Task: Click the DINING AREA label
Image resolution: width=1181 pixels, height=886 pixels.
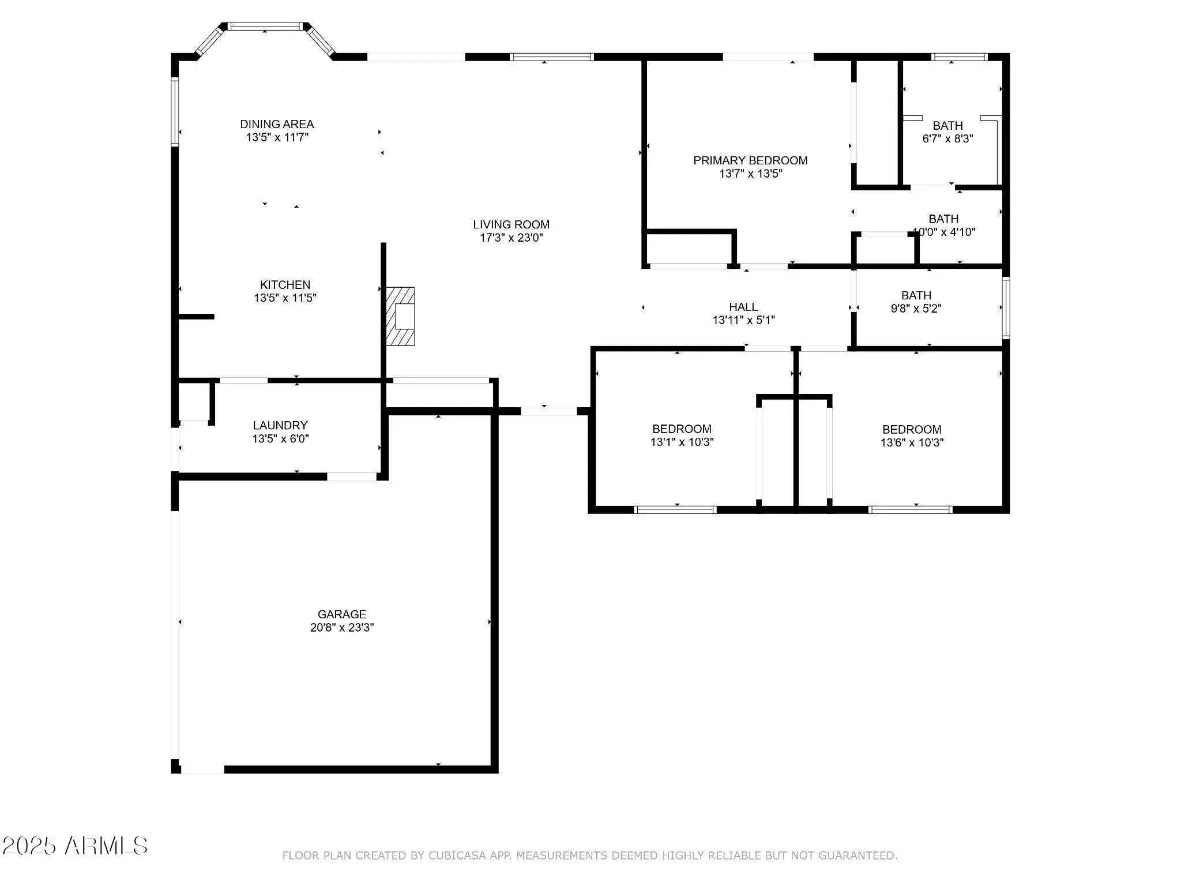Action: click(x=277, y=124)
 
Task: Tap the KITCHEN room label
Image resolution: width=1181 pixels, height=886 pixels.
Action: click(x=285, y=285)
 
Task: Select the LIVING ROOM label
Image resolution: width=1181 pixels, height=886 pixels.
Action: click(x=511, y=224)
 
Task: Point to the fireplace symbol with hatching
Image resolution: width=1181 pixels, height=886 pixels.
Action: click(x=400, y=316)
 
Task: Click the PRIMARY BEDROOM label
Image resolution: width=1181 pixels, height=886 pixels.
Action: click(x=750, y=160)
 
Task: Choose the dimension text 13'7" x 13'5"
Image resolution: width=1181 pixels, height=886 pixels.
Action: click(x=750, y=174)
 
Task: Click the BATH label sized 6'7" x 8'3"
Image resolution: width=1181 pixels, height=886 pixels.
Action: click(x=948, y=125)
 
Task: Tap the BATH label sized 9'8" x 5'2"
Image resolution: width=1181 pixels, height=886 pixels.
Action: click(x=916, y=295)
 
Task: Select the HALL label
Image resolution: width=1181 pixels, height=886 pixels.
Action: click(x=743, y=307)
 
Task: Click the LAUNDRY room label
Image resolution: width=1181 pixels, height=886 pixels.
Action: click(x=280, y=425)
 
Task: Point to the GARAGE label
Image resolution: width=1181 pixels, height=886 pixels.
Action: click(x=342, y=614)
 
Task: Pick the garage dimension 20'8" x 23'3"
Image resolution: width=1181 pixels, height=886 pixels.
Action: click(x=342, y=628)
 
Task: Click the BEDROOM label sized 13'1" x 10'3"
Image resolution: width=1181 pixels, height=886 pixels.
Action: click(x=682, y=429)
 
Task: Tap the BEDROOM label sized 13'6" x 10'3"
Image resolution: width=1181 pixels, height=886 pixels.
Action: click(x=912, y=429)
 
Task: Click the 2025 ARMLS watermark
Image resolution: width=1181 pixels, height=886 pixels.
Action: click(x=74, y=846)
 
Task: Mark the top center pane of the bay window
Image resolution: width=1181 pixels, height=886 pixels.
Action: click(x=265, y=26)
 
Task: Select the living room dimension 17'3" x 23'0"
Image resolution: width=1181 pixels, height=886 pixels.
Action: click(x=511, y=238)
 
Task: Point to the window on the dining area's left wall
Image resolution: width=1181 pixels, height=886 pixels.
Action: click(x=175, y=111)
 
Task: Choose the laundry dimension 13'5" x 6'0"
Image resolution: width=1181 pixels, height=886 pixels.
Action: click(x=280, y=438)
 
